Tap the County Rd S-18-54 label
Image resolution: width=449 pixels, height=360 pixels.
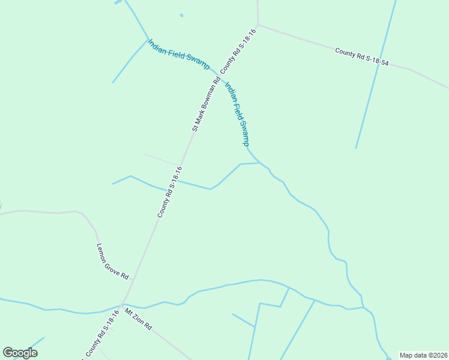coord(362,57)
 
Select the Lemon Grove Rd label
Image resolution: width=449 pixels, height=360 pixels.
coord(113,262)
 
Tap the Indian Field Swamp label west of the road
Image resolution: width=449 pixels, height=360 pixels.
coord(179,54)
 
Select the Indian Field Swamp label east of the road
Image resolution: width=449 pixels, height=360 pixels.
coord(237,113)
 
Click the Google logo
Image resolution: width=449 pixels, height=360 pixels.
coord(20,353)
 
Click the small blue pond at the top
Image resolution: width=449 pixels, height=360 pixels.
coord(181,15)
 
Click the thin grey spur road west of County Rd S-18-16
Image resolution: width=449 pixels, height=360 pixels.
coord(161,159)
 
